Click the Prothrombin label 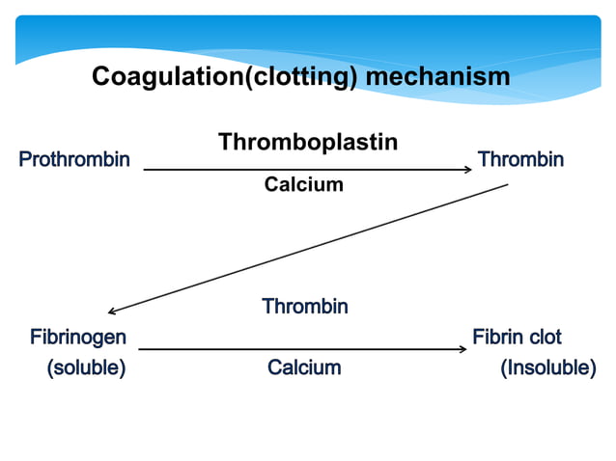74,159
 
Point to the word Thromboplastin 307,142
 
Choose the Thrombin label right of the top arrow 520,159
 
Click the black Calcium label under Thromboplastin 303,184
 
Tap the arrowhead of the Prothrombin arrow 466,170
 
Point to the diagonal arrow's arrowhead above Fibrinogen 113,312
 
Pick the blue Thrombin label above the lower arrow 304,307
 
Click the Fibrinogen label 77,338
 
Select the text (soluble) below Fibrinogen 86,367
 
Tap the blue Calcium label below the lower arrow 304,367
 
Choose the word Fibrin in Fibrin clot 497,338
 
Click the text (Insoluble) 547,367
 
